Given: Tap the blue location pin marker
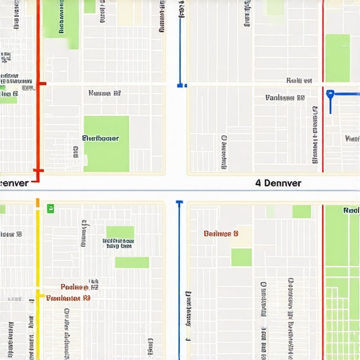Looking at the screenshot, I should [330, 94].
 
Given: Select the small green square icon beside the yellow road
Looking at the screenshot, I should [50, 208].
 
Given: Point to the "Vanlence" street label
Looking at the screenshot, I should [285, 98].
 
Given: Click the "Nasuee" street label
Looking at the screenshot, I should [105, 93].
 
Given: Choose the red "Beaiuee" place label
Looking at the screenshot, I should [221, 233].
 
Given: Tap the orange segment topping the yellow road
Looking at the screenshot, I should [38, 204].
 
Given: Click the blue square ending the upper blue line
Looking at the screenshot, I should [181, 85].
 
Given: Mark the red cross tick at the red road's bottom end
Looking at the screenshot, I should [38, 170].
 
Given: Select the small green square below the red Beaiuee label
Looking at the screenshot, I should [242, 257].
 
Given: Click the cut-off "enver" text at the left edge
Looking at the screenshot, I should [14, 183].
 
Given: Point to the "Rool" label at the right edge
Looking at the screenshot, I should [351, 210].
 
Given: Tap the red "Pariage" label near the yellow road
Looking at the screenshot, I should [75, 287].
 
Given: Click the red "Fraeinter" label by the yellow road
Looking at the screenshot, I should [68, 298].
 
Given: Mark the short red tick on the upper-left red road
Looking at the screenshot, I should [41, 84].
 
